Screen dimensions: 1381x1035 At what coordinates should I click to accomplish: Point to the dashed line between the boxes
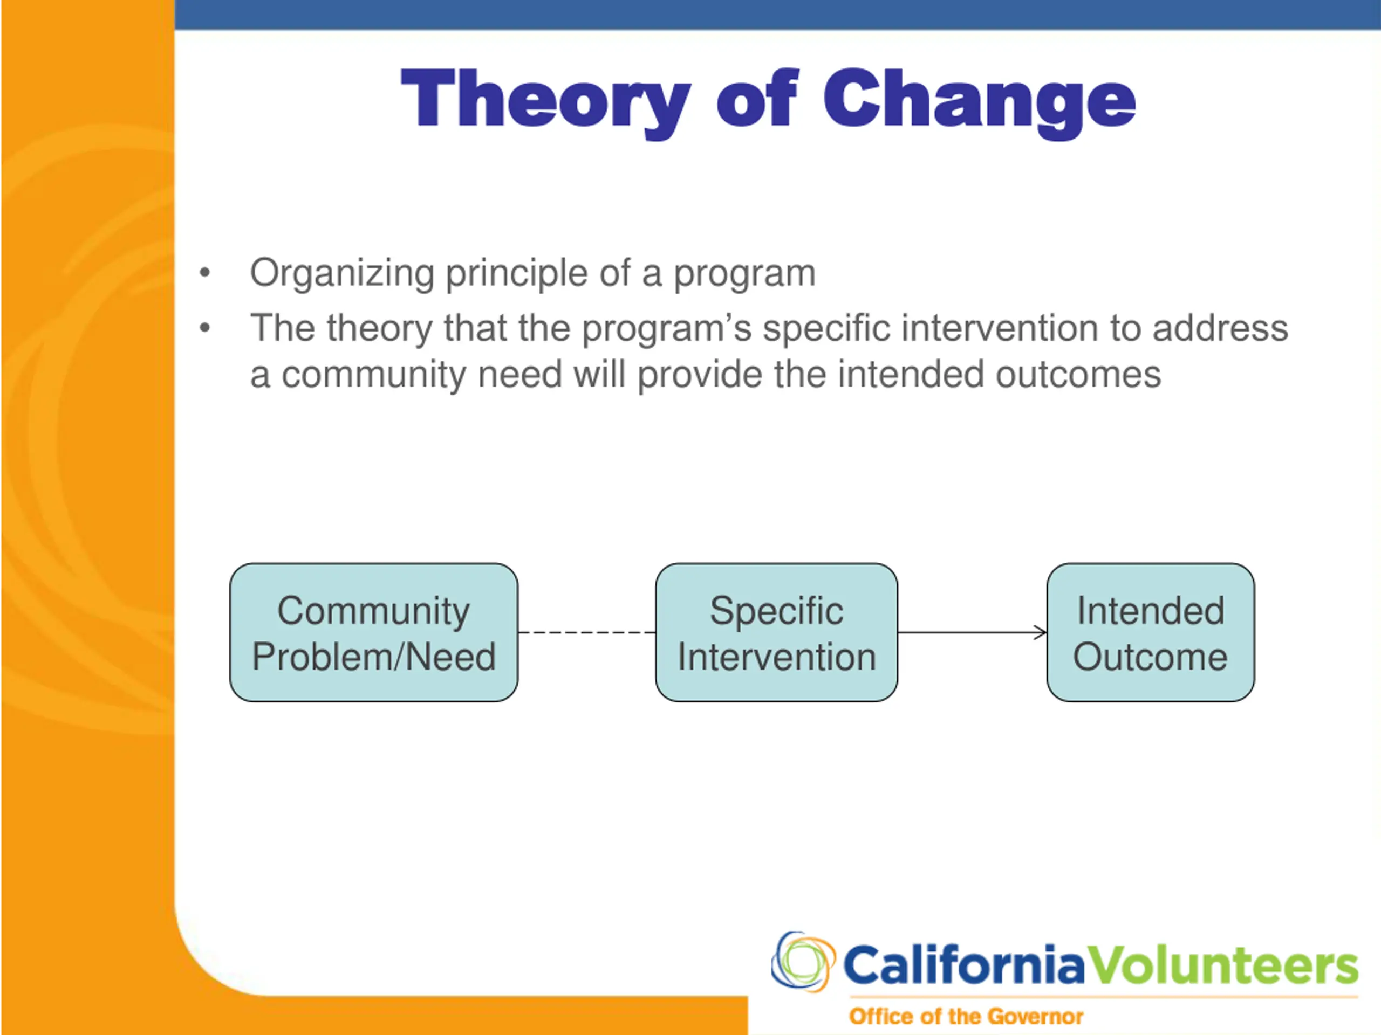click(x=587, y=633)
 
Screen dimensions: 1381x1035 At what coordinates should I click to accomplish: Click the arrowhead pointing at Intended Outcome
click(x=1040, y=633)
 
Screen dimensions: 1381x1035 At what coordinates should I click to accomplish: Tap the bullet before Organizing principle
click(x=205, y=273)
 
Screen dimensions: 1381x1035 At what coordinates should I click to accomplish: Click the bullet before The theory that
click(x=205, y=328)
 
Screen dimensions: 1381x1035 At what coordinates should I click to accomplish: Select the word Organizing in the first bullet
click(x=342, y=274)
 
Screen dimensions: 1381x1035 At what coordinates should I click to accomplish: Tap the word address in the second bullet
click(x=1220, y=328)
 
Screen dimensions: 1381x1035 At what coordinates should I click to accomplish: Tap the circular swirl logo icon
click(x=803, y=961)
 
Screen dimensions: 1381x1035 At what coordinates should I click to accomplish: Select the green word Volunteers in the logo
click(x=1222, y=964)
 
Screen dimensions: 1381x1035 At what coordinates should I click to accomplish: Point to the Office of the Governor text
click(x=966, y=1016)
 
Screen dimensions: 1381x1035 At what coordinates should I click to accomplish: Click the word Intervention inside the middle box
click(x=777, y=657)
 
